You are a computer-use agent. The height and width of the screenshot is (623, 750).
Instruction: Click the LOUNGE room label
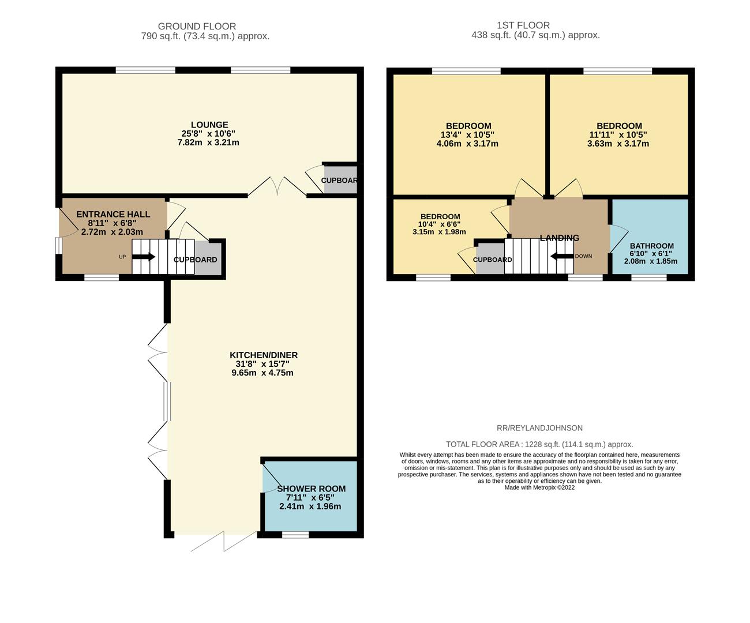pos(209,125)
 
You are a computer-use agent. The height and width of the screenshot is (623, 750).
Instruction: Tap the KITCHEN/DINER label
pos(264,355)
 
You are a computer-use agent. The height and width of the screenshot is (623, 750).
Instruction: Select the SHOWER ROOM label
pos(312,489)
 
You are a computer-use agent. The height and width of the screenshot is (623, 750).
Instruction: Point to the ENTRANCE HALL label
pos(113,215)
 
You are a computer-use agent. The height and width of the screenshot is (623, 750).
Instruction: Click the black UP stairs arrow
pos(143,257)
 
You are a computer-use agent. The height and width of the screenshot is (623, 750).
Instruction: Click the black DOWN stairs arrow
pos(562,256)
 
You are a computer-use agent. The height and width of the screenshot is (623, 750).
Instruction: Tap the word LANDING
pos(560,238)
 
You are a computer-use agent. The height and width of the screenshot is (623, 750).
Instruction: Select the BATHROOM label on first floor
pos(652,246)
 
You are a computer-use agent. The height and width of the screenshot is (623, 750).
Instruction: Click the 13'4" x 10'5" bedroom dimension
pos(467,134)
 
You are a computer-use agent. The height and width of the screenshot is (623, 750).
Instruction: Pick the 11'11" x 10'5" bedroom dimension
pos(618,134)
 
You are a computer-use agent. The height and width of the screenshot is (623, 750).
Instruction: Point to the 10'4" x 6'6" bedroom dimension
pos(439,224)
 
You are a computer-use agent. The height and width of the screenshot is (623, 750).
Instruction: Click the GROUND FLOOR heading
pos(197,26)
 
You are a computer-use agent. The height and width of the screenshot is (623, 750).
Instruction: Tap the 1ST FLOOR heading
pos(523,25)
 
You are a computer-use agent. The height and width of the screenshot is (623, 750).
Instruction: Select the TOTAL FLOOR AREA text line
pos(539,445)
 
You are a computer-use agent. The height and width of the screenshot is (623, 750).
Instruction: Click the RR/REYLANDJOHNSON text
pos(539,428)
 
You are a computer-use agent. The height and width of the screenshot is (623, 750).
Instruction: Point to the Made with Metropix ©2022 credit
pos(539,487)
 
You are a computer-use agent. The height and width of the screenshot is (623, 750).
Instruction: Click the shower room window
pos(295,535)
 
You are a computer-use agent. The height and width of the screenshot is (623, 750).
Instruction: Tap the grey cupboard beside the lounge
pos(340,179)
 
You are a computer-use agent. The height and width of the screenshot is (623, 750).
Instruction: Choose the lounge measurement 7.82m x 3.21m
pos(208,142)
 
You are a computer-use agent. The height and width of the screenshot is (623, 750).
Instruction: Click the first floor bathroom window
pos(649,277)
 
